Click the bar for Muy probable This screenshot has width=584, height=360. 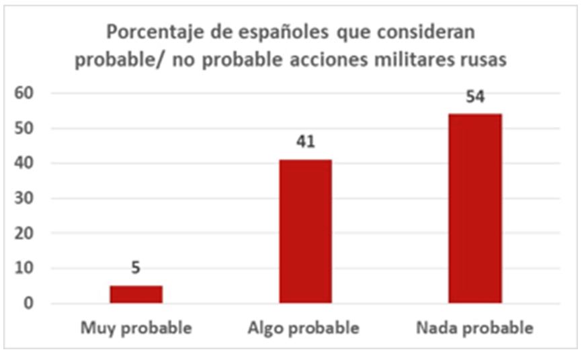(x=136, y=294)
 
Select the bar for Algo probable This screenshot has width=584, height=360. (x=305, y=231)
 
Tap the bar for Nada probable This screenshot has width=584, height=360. (x=474, y=208)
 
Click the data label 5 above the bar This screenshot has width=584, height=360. (x=136, y=269)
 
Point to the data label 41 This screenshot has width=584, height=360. (x=305, y=142)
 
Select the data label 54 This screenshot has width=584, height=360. (x=474, y=96)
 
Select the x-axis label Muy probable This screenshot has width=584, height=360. (x=136, y=328)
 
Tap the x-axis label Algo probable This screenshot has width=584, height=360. (x=304, y=328)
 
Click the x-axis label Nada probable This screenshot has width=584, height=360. (x=474, y=328)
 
